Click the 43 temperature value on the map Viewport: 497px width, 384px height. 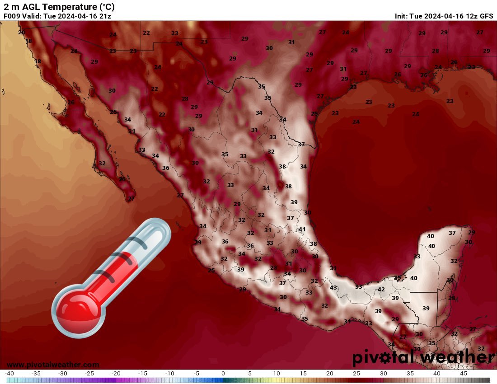(333, 288)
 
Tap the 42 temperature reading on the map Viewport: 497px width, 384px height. (381, 290)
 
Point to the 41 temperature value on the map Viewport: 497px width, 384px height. (302, 229)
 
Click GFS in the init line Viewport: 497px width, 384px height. (486, 16)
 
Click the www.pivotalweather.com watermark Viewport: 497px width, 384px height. (53, 365)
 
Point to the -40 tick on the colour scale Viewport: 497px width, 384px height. (9, 374)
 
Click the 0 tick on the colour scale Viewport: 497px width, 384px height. (223, 374)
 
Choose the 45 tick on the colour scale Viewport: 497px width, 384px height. (463, 374)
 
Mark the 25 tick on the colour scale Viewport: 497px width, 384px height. (356, 374)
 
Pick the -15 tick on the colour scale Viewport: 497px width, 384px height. (142, 374)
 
